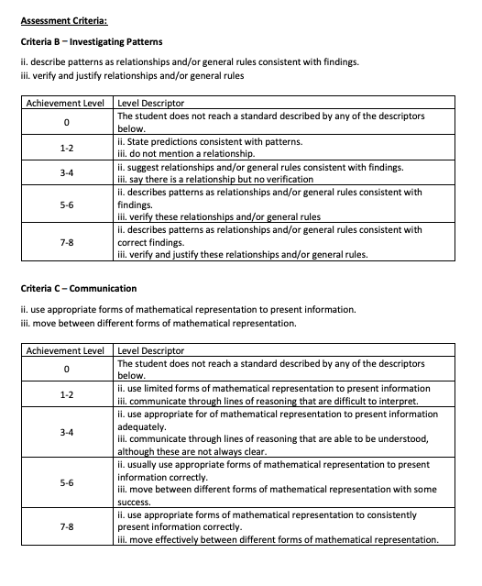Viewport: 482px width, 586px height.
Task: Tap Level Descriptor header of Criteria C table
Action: pos(151,351)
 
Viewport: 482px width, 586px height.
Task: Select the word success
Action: pos(135,502)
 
